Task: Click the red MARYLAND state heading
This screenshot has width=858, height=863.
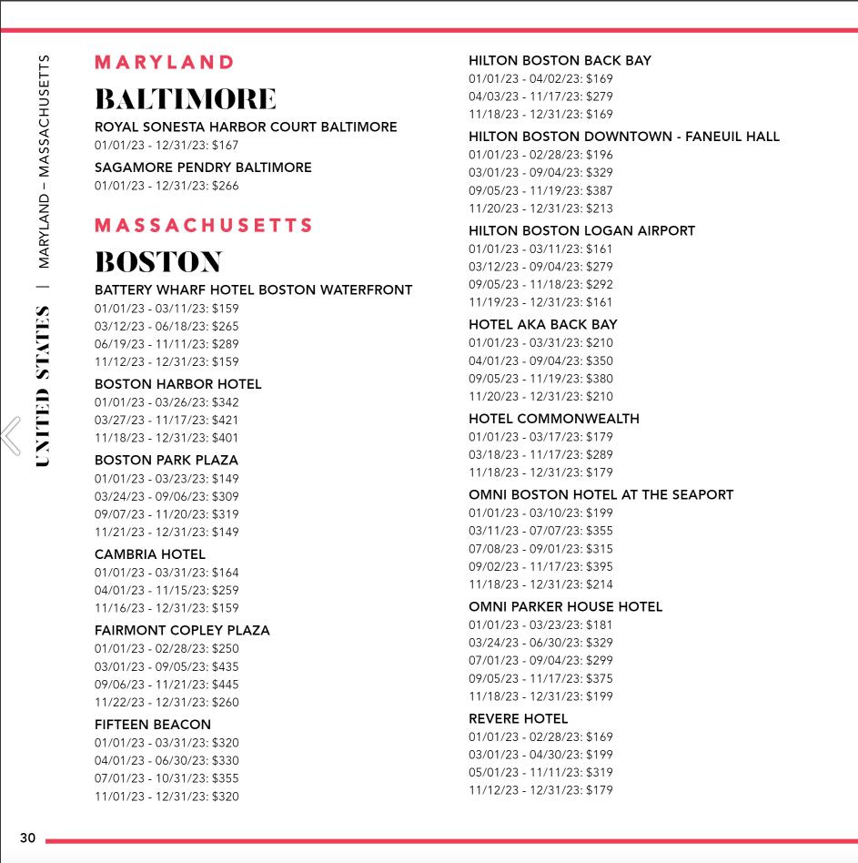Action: click(165, 62)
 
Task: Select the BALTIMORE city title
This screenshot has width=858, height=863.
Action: click(185, 98)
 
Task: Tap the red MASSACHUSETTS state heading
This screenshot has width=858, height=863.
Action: click(204, 225)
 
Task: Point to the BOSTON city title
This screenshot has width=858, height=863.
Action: click(158, 262)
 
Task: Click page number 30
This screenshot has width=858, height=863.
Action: click(27, 838)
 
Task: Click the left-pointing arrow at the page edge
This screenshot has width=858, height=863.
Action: click(11, 434)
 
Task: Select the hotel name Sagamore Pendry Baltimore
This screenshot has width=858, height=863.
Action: click(203, 168)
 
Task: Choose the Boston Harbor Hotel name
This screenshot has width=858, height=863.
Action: click(177, 384)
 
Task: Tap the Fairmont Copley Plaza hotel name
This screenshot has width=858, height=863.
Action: click(182, 630)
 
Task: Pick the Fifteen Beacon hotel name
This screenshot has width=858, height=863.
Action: click(152, 725)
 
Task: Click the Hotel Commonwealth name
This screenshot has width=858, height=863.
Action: click(553, 419)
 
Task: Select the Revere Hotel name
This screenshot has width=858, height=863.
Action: click(518, 718)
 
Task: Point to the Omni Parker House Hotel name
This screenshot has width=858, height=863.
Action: click(565, 606)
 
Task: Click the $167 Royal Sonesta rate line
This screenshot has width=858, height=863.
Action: click(167, 146)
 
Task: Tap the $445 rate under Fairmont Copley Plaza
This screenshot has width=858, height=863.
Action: click(167, 685)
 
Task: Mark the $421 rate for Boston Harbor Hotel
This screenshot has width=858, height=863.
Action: click(167, 421)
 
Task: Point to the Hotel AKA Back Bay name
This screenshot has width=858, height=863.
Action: click(542, 324)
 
